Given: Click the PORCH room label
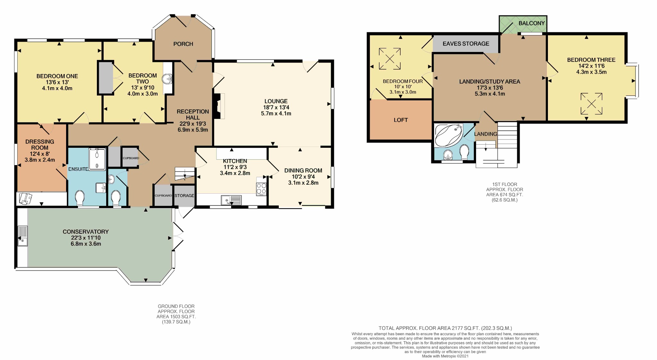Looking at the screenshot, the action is [183, 44].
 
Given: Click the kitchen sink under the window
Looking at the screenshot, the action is [231, 200].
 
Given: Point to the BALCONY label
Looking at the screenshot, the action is [532, 23].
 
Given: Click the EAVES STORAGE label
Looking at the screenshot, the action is [466, 44].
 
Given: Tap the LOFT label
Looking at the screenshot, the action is [401, 120].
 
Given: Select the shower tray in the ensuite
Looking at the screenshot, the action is [97, 159].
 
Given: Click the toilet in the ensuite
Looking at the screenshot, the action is [80, 198].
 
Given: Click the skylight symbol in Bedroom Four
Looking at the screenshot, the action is [390, 59].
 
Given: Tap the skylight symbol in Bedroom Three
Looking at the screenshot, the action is [592, 104].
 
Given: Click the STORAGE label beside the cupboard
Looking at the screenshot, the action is [184, 196].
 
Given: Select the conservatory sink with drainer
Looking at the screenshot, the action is [22, 236].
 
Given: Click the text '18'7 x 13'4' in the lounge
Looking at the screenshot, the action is [276, 107].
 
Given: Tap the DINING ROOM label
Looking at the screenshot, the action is [303, 171].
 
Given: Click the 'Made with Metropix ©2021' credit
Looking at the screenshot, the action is [445, 356].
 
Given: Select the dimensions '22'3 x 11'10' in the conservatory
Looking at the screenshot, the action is [86, 238].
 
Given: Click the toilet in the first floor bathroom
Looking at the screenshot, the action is [464, 152].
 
